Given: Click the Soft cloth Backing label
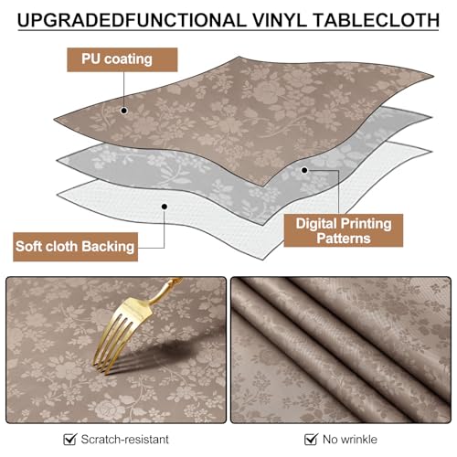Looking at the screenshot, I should pos(75,245).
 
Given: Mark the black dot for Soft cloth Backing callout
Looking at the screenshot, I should pos(165,207).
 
